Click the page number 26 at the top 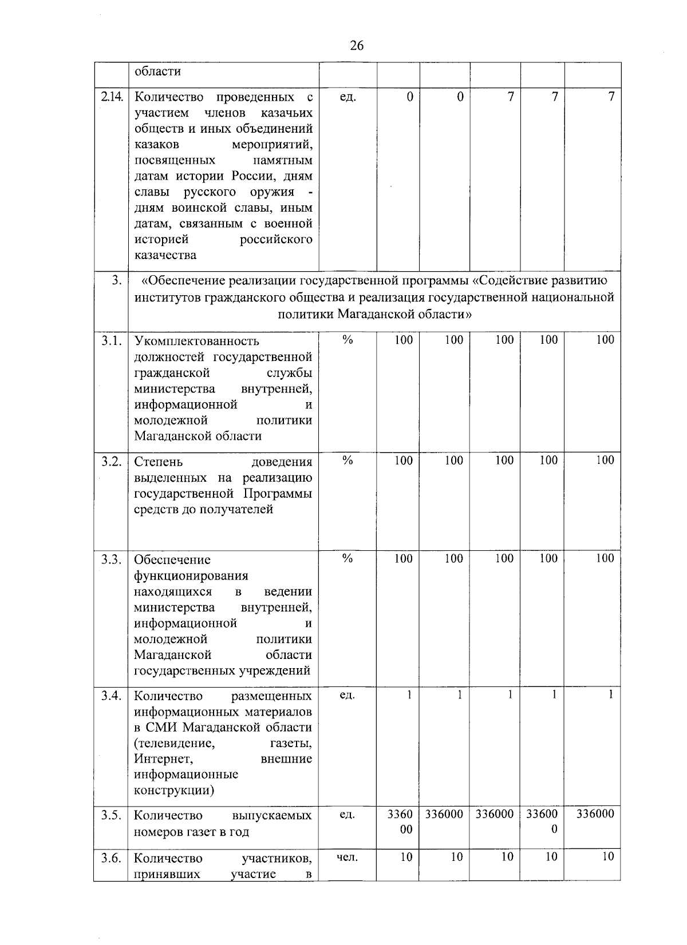pos(356,46)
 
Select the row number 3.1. pos(112,341)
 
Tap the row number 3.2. pos(112,462)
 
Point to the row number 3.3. pos(112,559)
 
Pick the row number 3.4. pos(112,696)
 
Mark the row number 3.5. pos(112,815)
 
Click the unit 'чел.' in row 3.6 pos(347,857)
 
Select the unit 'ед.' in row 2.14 pos(347,97)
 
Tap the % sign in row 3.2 pos(347,460)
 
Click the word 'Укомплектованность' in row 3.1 pos(196,342)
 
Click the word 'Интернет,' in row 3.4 pos(163,759)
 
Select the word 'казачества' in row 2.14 pos(165,255)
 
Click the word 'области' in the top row pos(157,72)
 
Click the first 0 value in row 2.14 pos(410,97)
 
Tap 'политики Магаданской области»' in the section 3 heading pos(374,314)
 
